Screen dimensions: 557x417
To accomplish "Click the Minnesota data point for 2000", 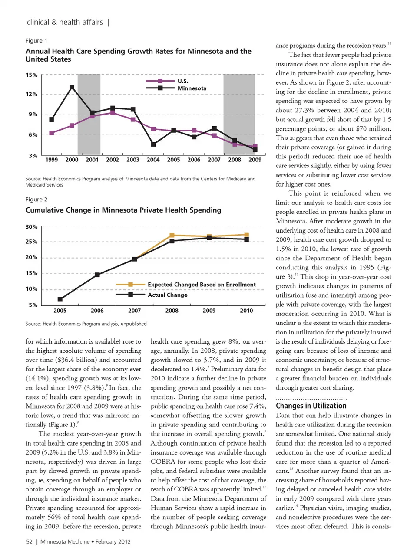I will (x=72, y=87).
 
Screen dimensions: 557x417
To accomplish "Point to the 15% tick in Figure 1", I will (x=32, y=75).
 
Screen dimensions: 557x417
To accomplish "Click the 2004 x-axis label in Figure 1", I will (x=153, y=160).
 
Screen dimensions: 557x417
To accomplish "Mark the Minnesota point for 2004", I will (x=153, y=144).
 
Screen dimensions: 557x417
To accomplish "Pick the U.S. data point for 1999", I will (x=52, y=133).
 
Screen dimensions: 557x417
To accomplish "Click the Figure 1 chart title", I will (x=138, y=55).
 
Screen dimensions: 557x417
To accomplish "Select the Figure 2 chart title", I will (x=123, y=210).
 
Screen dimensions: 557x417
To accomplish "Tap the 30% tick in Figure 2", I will (x=32, y=227).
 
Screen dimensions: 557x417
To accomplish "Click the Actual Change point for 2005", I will (x=60, y=299).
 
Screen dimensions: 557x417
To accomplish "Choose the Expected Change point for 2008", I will (x=172, y=235).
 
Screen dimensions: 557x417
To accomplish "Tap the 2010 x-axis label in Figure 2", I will (x=246, y=311).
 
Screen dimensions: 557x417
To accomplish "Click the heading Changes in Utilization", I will (x=311, y=406).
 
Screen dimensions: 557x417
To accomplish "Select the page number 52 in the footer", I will (x=29, y=541).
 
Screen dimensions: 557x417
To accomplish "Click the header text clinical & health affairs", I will (x=65, y=22).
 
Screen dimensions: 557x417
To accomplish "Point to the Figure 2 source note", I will (x=86, y=324).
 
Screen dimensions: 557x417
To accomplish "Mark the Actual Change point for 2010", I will (x=246, y=239).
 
